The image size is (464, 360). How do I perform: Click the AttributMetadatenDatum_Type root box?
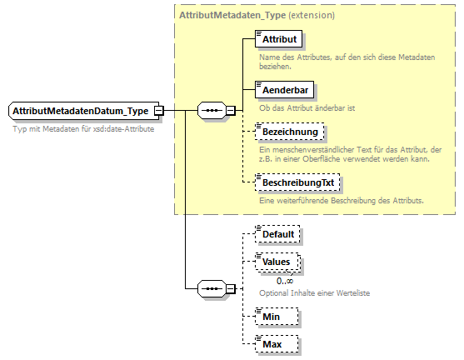[x=81, y=111]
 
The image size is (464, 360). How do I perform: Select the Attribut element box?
[x=279, y=39]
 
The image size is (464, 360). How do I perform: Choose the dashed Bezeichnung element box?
[x=290, y=132]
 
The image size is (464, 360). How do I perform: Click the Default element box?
[x=278, y=234]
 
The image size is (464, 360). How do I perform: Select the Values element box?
[x=277, y=262]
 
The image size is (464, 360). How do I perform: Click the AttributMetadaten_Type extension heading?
[x=257, y=15]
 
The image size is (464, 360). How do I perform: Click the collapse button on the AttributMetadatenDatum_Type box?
[x=158, y=111]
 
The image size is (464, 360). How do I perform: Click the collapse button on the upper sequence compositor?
[x=231, y=110]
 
